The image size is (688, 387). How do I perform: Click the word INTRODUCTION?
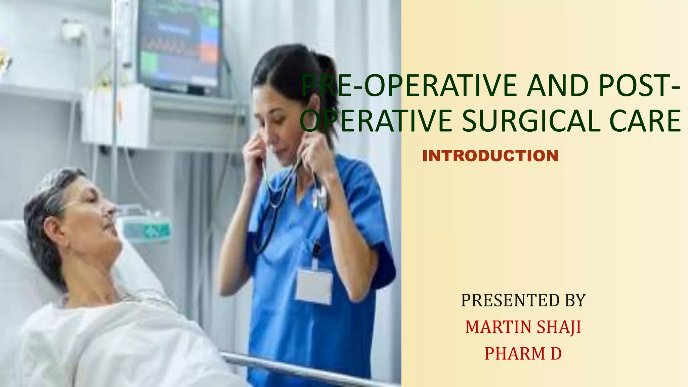tap(490, 156)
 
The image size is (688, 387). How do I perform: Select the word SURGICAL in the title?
tap(531, 121)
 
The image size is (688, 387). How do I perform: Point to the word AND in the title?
tap(558, 86)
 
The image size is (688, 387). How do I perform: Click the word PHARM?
tap(515, 353)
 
